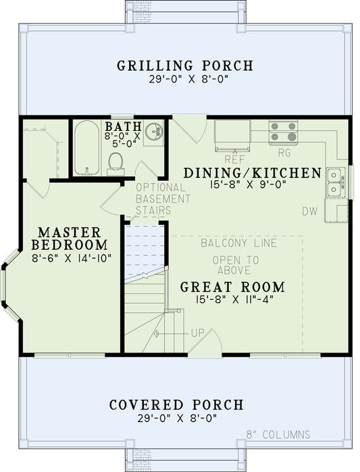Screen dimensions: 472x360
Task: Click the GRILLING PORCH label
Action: point(185,66)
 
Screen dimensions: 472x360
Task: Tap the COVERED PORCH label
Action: point(176,405)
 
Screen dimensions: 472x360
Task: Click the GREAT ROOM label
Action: point(232,286)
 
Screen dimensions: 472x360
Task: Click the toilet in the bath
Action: point(116,163)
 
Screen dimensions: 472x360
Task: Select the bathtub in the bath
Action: point(86,148)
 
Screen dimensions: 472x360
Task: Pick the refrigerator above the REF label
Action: point(234,134)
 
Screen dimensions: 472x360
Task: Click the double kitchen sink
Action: point(334,182)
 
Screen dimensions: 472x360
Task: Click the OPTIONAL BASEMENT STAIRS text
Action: point(162,199)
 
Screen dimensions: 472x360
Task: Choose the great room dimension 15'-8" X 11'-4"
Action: point(232,300)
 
